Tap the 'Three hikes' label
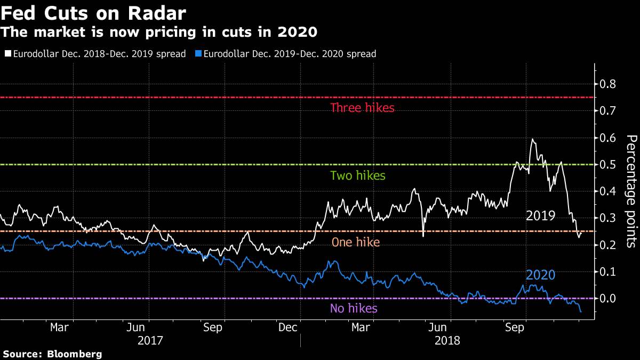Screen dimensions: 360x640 coord(362,108)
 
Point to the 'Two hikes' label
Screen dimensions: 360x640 coord(357,175)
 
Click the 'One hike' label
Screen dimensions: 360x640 coord(356,242)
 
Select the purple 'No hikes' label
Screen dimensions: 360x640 coord(354,308)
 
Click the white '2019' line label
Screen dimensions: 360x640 coord(540,216)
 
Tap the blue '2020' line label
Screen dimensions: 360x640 coord(540,275)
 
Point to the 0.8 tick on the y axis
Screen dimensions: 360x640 coord(609,84)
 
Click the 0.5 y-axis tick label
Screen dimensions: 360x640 coord(609,165)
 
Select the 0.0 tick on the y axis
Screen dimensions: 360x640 coord(609,299)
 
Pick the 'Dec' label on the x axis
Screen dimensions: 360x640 coord(287,326)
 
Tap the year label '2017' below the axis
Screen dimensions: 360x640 coord(150,340)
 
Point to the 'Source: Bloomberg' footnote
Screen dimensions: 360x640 coord(52,354)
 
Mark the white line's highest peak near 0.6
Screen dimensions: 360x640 coord(532,139)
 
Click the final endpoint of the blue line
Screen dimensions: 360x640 coord(580,312)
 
